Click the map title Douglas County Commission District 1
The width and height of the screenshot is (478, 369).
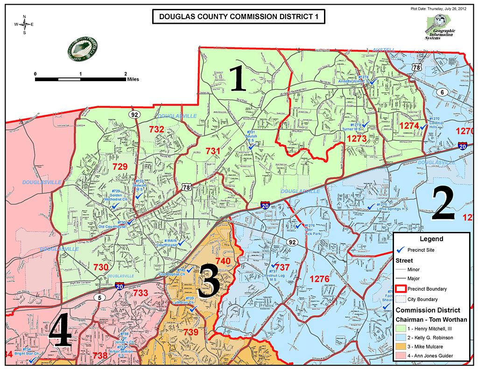[239, 17]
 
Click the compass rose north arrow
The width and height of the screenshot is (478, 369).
[25, 24]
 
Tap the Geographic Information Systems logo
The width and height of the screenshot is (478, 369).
[439, 28]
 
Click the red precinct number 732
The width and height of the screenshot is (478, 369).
[156, 129]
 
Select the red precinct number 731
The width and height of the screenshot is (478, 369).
[212, 151]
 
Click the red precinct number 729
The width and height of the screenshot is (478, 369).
[119, 166]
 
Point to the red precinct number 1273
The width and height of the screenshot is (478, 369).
[357, 138]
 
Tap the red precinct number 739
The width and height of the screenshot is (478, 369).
[191, 333]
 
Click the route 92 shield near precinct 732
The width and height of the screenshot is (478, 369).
[135, 114]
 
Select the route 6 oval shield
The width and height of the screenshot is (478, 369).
[442, 92]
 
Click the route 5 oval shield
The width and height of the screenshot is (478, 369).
[99, 297]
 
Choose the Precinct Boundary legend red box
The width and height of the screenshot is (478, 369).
[401, 289]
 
